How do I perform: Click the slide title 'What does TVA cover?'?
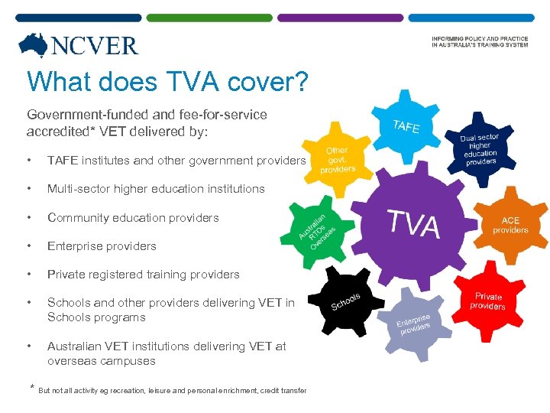click(x=167, y=82)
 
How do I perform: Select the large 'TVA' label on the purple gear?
click(x=414, y=223)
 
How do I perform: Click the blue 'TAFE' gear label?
click(x=406, y=126)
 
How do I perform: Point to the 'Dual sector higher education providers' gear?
click(x=480, y=150)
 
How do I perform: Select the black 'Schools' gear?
click(x=345, y=301)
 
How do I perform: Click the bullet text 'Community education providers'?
click(x=133, y=218)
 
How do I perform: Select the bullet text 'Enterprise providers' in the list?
click(x=102, y=246)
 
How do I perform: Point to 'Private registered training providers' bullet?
click(x=144, y=275)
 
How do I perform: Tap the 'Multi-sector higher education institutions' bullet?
click(x=156, y=189)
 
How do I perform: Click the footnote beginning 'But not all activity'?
click(x=172, y=391)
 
